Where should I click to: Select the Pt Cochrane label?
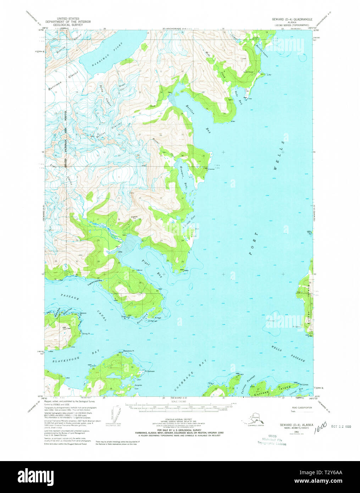tap(149, 371)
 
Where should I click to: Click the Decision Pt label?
tap(83, 313)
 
